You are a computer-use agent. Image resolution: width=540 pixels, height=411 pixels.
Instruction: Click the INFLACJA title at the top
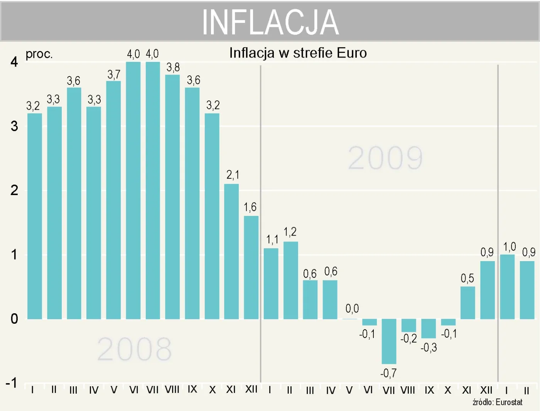[270, 22]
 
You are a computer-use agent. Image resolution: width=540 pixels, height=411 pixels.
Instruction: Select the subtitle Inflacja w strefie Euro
[298, 53]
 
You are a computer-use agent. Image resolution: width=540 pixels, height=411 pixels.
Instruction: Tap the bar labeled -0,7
[389, 341]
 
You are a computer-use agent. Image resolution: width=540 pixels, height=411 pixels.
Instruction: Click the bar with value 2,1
[231, 251]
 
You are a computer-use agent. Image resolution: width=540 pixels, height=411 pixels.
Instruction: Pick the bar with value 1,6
[251, 267]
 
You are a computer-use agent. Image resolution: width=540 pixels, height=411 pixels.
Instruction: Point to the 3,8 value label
[173, 67]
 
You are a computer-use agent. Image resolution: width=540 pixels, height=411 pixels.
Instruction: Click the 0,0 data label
[352, 309]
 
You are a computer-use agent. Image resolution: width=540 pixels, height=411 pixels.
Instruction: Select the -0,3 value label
[429, 348]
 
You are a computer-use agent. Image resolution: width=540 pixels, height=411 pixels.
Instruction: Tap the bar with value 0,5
[467, 302]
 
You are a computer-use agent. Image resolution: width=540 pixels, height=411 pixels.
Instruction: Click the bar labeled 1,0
[507, 287]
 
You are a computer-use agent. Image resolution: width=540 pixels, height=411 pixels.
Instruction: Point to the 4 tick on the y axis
[14, 62]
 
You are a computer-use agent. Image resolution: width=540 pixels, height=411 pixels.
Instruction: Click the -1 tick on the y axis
[12, 383]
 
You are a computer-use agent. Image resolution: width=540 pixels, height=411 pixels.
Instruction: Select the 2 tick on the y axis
[14, 190]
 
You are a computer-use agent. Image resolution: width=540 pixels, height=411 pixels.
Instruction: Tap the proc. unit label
[39, 54]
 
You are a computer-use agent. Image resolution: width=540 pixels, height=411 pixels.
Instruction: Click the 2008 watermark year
[134, 349]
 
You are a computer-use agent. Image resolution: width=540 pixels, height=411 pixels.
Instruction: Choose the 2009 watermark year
[385, 158]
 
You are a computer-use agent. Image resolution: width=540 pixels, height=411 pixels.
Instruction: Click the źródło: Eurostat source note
[497, 402]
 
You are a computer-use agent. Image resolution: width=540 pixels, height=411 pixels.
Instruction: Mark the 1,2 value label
[290, 232]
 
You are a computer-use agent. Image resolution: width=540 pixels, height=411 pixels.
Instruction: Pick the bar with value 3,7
[113, 200]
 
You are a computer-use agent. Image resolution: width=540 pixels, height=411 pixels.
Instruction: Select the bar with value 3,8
[172, 197]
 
